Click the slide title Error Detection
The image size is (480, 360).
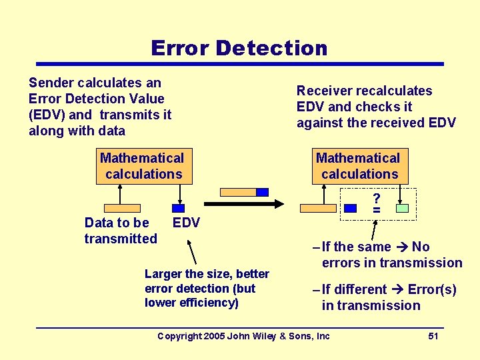coord(239,48)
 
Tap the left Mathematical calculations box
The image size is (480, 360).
coord(143,166)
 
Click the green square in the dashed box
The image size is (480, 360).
coord(402,209)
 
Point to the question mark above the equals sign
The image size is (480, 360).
coord(377,199)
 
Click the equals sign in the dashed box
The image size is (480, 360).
coord(377,211)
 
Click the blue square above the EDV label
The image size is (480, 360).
coord(179,208)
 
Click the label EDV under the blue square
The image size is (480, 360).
coord(186,223)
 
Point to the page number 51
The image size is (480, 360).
coord(433,336)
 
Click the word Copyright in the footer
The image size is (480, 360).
coord(179,336)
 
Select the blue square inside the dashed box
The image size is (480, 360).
coord(349,209)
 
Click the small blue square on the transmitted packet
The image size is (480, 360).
coord(262,192)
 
